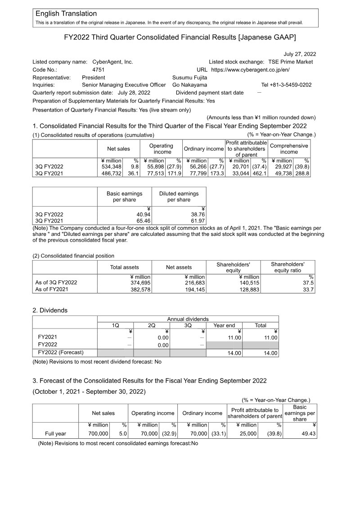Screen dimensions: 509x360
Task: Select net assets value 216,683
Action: [x=194, y=283]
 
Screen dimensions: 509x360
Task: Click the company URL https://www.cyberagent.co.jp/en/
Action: [x=250, y=70]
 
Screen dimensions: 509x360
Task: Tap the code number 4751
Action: [x=98, y=70]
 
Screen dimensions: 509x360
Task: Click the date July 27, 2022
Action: [x=300, y=54]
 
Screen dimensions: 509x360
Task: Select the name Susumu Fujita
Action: [x=190, y=77]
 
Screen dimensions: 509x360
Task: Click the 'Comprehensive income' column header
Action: [x=289, y=149]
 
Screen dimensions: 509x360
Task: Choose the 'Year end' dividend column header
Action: [x=224, y=325]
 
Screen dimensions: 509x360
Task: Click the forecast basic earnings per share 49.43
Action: [x=306, y=433]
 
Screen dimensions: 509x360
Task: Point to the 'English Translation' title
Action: [x=66, y=14]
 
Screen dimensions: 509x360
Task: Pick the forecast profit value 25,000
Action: [x=247, y=433]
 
